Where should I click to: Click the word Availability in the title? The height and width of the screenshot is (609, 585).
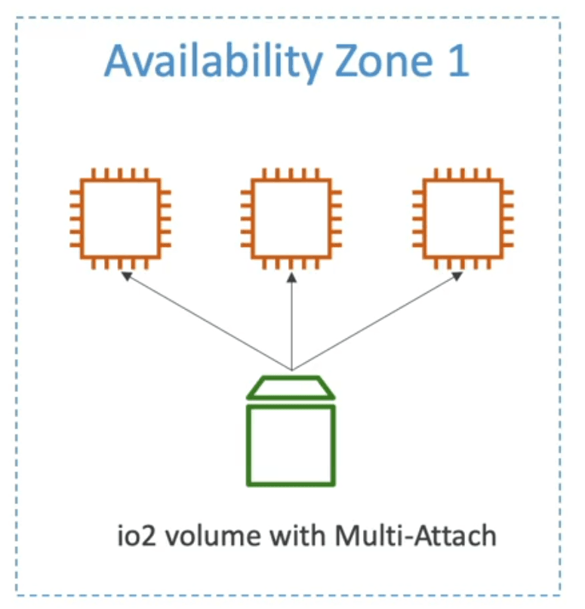(x=214, y=62)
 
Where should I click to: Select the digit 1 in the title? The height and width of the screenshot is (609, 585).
(x=460, y=60)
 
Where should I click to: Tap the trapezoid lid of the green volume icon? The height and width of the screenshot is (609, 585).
(x=291, y=397)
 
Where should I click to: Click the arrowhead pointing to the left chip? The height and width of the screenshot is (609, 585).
(x=127, y=276)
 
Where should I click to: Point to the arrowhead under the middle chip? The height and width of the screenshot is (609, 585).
(x=291, y=277)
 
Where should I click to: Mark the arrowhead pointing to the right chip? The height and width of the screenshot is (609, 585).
(x=457, y=276)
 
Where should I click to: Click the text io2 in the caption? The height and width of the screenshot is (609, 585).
(x=136, y=536)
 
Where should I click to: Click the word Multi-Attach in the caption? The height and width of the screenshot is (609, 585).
(x=415, y=535)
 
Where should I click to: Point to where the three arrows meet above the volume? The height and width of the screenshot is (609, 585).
(x=291, y=370)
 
